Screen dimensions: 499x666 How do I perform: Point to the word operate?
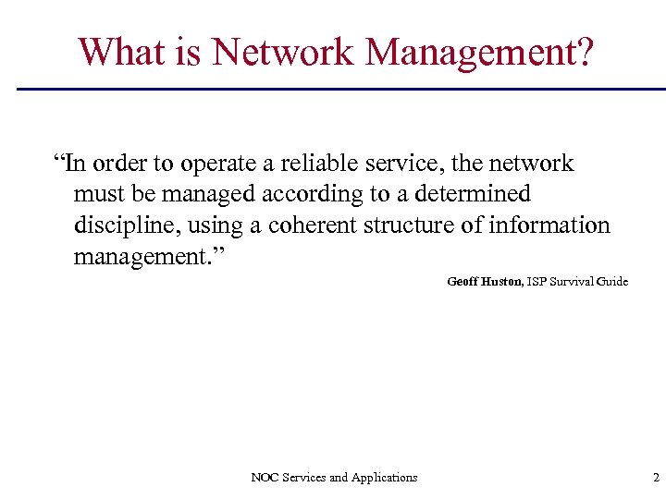point(221,164)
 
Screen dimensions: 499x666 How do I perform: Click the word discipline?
point(123,225)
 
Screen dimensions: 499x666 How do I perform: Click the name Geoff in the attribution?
point(462,281)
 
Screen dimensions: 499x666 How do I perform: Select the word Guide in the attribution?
point(611,281)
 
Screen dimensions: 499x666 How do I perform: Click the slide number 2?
point(656,478)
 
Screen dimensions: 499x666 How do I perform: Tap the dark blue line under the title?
point(342,89)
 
